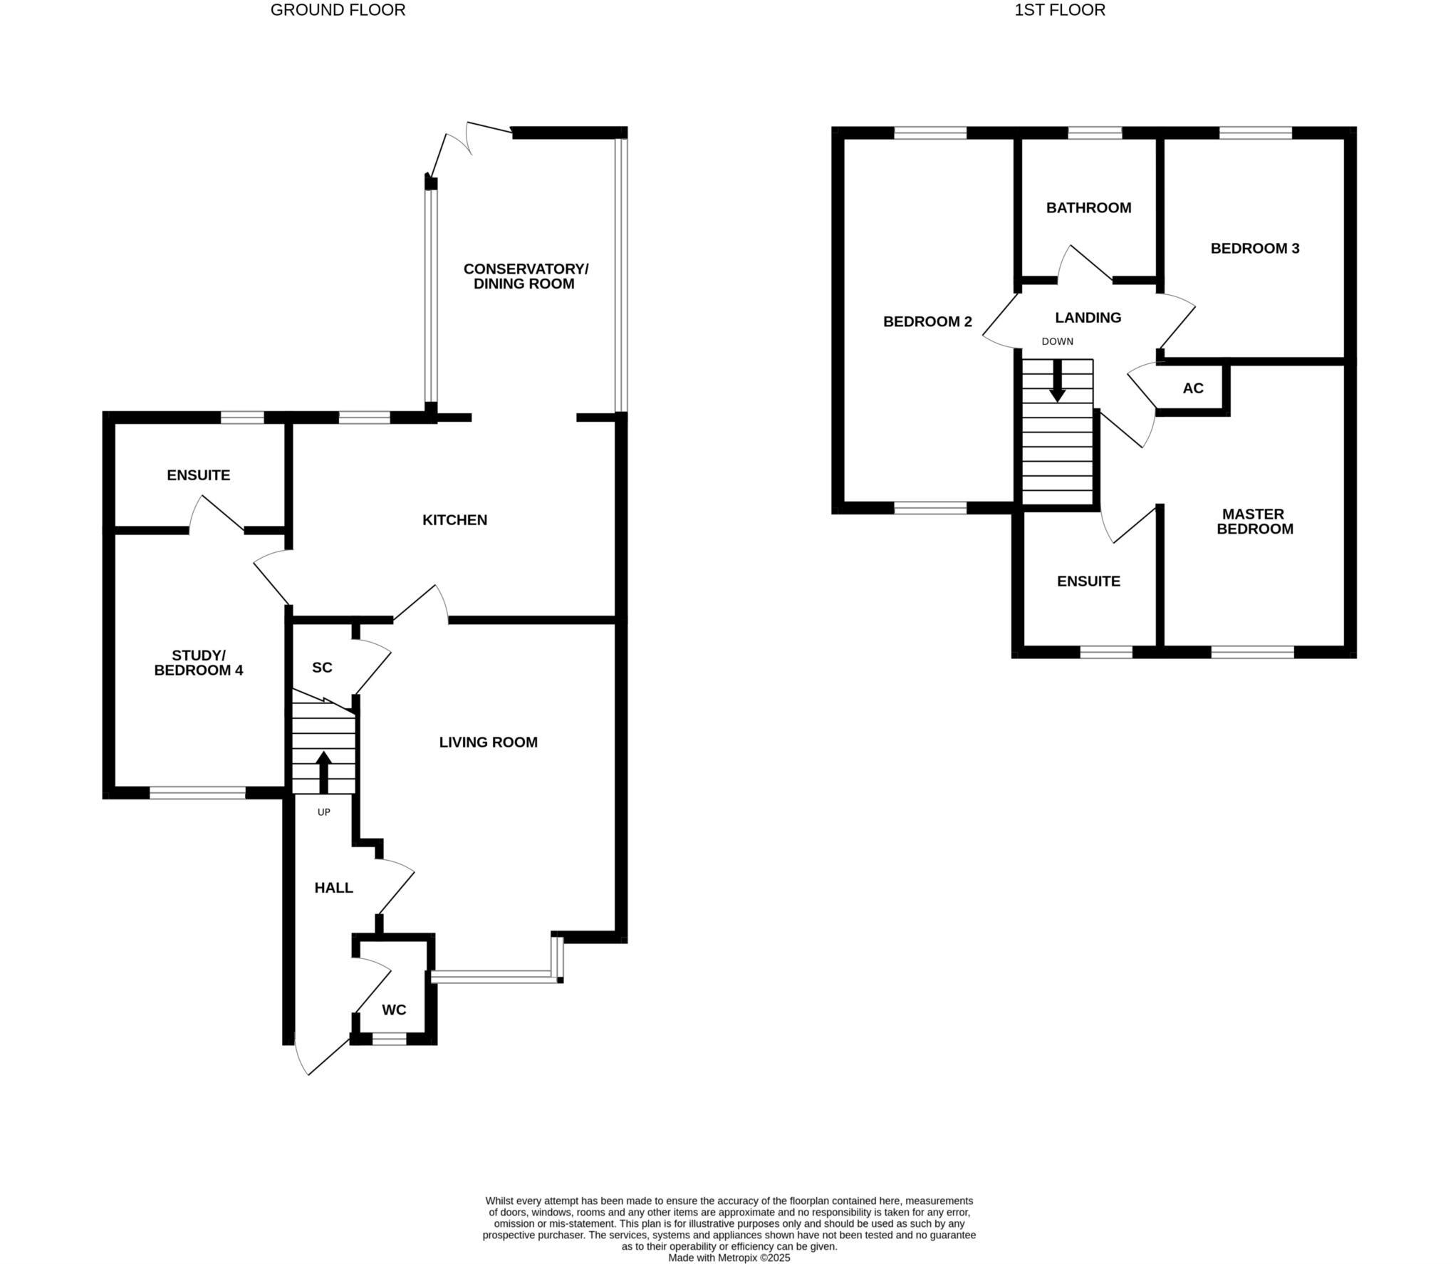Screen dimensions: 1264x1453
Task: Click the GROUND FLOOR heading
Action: pos(338,10)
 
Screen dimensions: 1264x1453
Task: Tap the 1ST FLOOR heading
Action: pos(1060,10)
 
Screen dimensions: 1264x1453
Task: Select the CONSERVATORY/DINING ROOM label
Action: pos(526,276)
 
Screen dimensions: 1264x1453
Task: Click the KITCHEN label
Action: pos(454,520)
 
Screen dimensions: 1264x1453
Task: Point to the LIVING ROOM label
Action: pos(488,742)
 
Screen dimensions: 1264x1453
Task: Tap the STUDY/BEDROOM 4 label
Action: pos(199,663)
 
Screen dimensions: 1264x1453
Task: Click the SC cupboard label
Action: pos(322,668)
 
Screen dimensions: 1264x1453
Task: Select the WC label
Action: pos(394,1010)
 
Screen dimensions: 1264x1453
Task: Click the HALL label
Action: pos(333,888)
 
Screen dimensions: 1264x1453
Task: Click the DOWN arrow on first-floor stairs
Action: pos(1057,380)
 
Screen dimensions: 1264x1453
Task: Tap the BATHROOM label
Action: pos(1088,208)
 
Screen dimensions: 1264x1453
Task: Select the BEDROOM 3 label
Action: pos(1255,249)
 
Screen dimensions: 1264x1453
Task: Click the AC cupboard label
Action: pos(1193,388)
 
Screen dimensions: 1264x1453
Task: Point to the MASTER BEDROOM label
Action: pos(1254,522)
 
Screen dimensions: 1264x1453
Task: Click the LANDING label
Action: pos(1088,318)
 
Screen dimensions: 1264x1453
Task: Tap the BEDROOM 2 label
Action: pos(927,322)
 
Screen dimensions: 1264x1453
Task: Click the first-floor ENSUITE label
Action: pos(1088,581)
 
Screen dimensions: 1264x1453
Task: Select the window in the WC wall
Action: pos(389,1040)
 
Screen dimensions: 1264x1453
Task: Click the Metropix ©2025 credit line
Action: pos(729,1258)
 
